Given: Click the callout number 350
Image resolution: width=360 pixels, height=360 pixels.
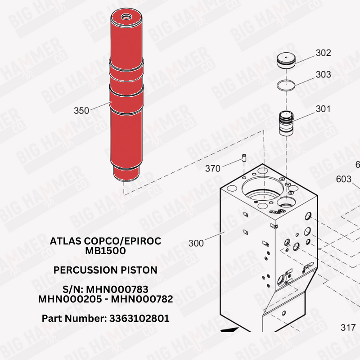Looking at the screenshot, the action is point(81,111).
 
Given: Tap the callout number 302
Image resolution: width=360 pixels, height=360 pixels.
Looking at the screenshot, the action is point(323,53).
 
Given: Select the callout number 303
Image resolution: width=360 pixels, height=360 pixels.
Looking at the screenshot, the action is point(323,74).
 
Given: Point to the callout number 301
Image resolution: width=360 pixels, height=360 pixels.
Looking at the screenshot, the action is point(323,109).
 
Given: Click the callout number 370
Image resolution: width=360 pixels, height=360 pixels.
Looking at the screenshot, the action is point(212,168).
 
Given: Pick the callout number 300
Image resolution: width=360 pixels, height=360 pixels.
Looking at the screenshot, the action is point(196,243).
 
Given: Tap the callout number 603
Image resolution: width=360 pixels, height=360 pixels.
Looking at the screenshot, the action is point(344,179).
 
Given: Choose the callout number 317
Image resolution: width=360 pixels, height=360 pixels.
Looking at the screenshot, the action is point(348,328).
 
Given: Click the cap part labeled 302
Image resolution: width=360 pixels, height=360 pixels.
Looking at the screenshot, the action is point(286,60).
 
